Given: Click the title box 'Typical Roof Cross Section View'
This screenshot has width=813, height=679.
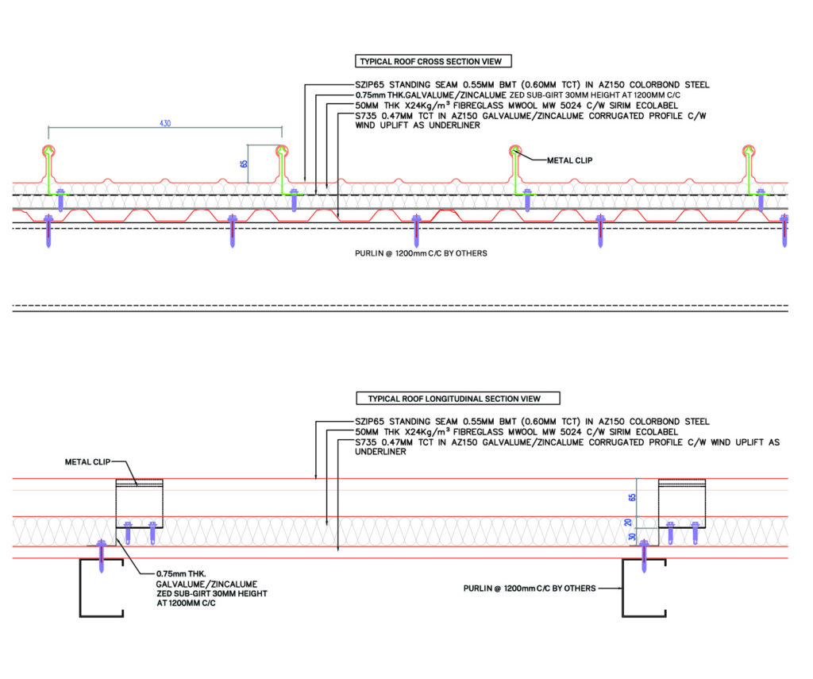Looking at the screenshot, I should [433, 61].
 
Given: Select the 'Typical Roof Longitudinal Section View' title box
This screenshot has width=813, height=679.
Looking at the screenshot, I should [464, 398].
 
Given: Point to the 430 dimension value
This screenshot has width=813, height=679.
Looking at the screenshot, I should [165, 123].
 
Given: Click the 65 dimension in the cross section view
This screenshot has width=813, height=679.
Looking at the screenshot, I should [245, 164].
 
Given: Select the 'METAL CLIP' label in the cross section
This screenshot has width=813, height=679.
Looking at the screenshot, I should [569, 160].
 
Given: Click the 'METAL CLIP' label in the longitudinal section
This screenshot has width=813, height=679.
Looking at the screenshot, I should [87, 461].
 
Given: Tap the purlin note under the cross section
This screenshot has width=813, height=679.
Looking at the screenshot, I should [421, 253].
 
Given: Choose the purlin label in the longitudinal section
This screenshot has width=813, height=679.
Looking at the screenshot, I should [530, 588].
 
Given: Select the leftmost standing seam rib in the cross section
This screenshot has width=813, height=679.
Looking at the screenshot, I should [49, 167].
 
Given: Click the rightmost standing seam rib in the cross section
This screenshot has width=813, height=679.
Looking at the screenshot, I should [749, 167].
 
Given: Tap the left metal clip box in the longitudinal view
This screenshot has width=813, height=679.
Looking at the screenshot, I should [140, 503].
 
